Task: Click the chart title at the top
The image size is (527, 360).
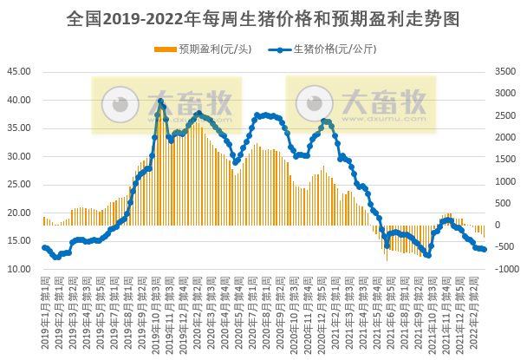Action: click(x=263, y=17)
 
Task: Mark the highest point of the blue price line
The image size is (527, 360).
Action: click(x=160, y=101)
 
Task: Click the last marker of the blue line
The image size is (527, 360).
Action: click(x=484, y=250)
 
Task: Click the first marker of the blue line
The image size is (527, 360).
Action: click(x=44, y=247)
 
